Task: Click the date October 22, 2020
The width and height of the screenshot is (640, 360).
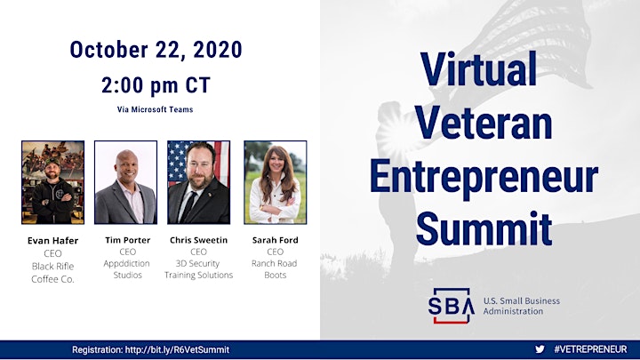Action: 156,50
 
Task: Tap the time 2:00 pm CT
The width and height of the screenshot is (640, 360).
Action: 156,85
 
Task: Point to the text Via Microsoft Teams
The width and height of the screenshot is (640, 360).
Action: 155,109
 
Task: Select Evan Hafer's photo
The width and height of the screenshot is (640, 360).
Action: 53,182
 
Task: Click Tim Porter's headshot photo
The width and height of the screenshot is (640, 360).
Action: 125,182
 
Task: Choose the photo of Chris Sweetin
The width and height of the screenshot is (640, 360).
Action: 199,182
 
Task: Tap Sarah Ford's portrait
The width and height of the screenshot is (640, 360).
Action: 276,182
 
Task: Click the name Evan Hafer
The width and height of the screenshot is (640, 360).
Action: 52,240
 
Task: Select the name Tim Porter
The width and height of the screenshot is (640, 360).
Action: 128,240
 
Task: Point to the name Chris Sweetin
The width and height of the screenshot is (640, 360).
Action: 199,240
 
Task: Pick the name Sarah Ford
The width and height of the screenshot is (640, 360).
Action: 275,240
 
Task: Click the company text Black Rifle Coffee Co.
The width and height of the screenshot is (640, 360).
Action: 52,273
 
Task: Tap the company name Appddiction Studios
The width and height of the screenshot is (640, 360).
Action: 127,269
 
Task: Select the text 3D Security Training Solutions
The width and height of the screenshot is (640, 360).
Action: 199,269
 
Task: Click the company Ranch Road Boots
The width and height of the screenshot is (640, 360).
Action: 275,269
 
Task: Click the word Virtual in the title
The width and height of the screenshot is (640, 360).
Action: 479,68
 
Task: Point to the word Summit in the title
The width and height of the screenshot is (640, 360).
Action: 484,228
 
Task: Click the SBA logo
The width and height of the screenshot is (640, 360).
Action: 451,306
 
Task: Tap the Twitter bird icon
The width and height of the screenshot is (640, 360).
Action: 540,349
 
